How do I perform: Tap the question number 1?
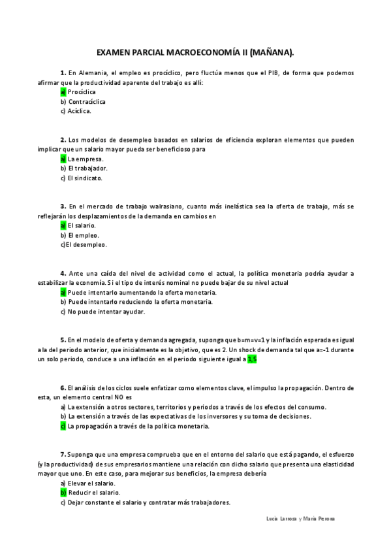click(63, 73)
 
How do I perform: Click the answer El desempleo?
click(85, 244)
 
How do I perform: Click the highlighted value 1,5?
click(253, 359)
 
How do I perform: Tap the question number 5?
click(63, 340)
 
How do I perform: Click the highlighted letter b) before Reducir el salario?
click(63, 493)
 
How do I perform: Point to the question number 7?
click(63, 454)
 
